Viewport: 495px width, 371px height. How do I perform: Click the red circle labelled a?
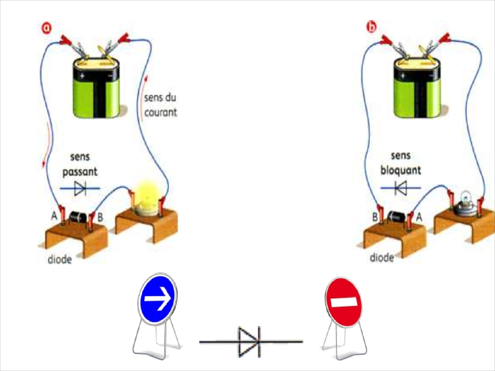coord(46,28)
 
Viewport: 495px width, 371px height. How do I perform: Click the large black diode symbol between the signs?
coord(251,342)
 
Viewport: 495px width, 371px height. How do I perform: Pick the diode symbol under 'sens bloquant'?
coord(401,188)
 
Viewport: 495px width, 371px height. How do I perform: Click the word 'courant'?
coord(161,112)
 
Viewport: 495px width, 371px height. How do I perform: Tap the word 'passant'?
coord(80,172)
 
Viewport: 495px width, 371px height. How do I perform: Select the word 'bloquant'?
coord(401,170)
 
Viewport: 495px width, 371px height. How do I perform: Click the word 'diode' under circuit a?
coord(60,260)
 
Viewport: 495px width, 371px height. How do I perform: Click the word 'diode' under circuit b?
coord(382,257)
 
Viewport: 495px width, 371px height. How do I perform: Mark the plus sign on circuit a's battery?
coord(82,76)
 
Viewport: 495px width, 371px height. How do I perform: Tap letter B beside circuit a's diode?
coord(100,217)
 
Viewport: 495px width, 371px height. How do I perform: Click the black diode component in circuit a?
coord(78,217)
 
